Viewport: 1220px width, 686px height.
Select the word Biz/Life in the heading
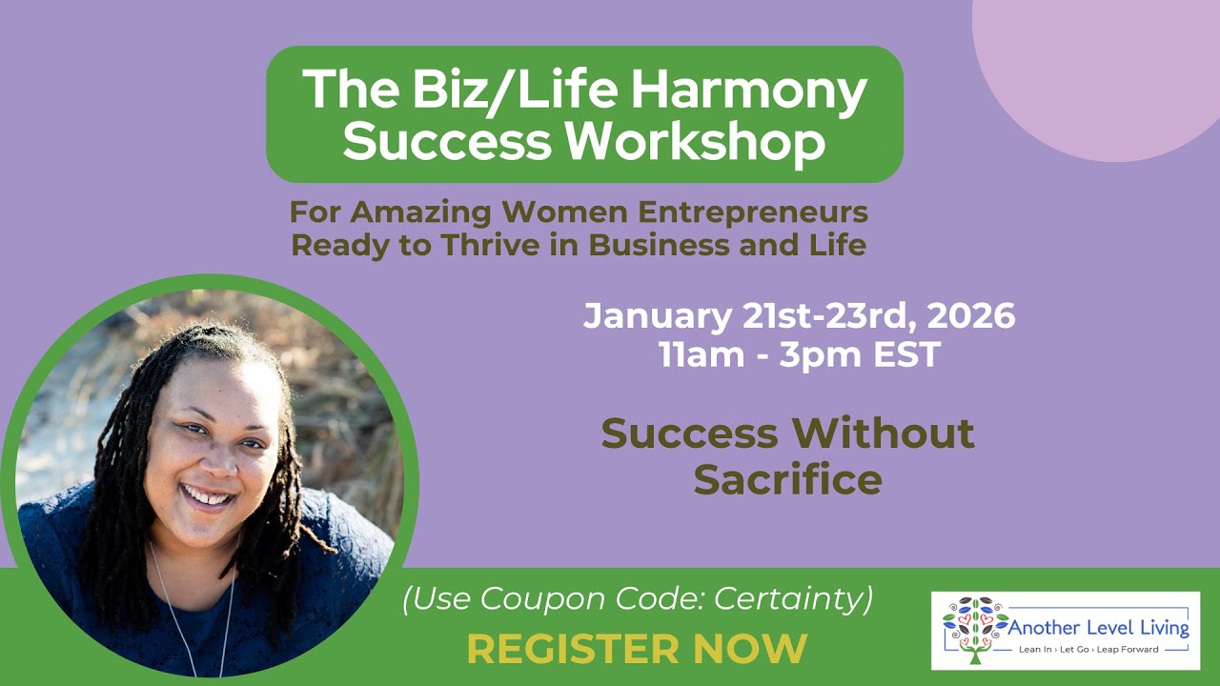[496, 91]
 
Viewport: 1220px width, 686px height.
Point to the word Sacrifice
[787, 479]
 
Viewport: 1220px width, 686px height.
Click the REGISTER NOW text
[637, 648]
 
